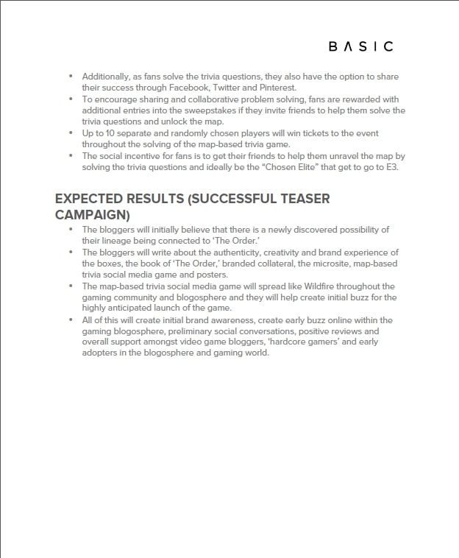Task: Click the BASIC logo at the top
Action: [x=360, y=46]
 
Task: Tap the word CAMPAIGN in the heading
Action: [x=92, y=215]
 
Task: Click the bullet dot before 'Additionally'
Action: [x=71, y=76]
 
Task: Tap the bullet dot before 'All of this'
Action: [x=71, y=320]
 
